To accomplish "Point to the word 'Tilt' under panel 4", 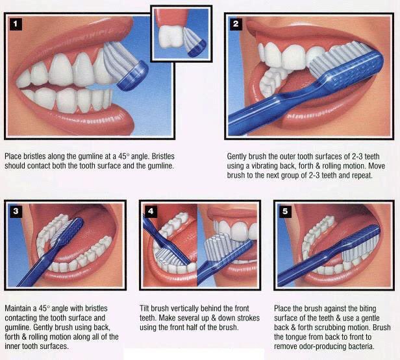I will pos(145,307).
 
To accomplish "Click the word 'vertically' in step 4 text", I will pos(187,307).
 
